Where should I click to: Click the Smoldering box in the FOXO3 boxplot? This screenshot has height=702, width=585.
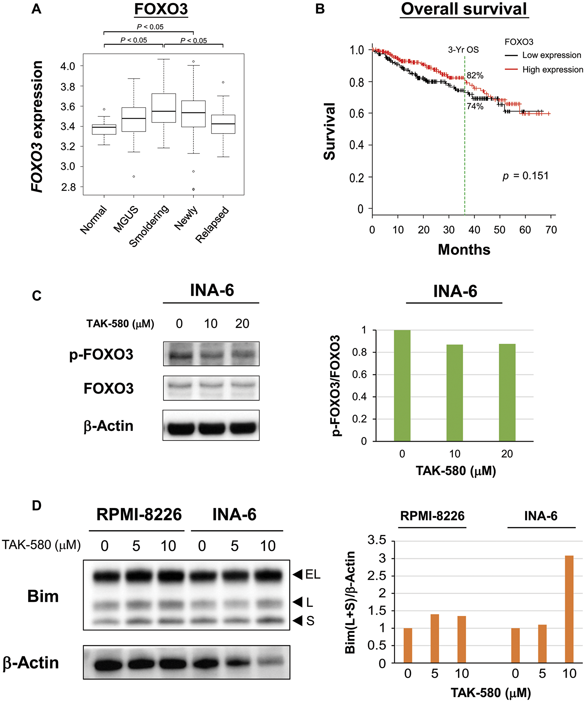coord(164,108)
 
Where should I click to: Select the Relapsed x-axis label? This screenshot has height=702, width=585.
coord(212,225)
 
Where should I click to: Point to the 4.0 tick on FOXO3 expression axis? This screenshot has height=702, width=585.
coord(68,66)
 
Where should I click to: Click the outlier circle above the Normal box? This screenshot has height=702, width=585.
coord(104,109)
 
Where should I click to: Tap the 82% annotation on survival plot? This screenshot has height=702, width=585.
coord(475,75)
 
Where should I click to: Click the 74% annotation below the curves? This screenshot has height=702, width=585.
coord(475,106)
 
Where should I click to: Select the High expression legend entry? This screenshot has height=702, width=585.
coord(552,70)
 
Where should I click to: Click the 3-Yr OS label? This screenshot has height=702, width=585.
coord(463,50)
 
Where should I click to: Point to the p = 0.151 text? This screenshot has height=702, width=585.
coord(525,176)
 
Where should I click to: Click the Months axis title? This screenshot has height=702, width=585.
coord(464,250)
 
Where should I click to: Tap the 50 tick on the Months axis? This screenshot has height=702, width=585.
coord(499,230)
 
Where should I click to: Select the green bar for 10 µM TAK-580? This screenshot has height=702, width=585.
coord(455,393)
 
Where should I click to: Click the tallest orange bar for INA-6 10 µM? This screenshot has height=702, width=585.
coord(569,609)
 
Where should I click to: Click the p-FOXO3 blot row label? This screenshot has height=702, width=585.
coord(101,354)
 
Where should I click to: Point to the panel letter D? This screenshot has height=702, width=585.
coord(37,506)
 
